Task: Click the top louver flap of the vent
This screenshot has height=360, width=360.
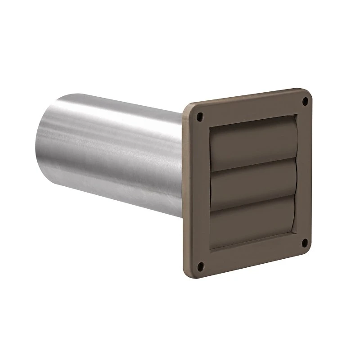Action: point(252,140)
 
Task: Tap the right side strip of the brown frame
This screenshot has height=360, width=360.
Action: point(306,171)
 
